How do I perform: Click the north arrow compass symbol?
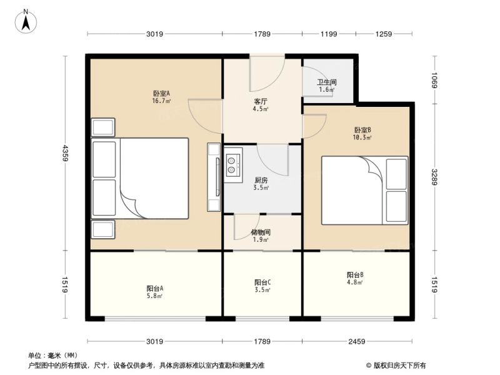click(26, 21)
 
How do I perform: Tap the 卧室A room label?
click(161, 93)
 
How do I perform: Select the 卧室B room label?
click(362, 130)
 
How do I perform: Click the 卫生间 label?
click(327, 82)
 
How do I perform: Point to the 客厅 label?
click(261, 102)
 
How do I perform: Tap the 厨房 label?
click(261, 181)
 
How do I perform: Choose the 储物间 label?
click(261, 232)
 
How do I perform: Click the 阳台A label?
click(155, 289)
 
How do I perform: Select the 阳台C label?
click(262, 282)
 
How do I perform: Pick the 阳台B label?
click(355, 275)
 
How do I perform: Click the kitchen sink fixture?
click(233, 165)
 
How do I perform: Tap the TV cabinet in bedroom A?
click(214, 177)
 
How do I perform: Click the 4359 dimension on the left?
click(66, 153)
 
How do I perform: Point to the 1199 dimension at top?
click(329, 34)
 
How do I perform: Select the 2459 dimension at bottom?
click(356, 341)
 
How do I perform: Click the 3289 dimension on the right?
click(434, 177)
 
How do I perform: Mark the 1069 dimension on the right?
click(434, 80)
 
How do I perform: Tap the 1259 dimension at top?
click(383, 34)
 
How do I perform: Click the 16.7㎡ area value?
click(161, 101)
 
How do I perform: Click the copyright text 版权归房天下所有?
click(399, 366)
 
